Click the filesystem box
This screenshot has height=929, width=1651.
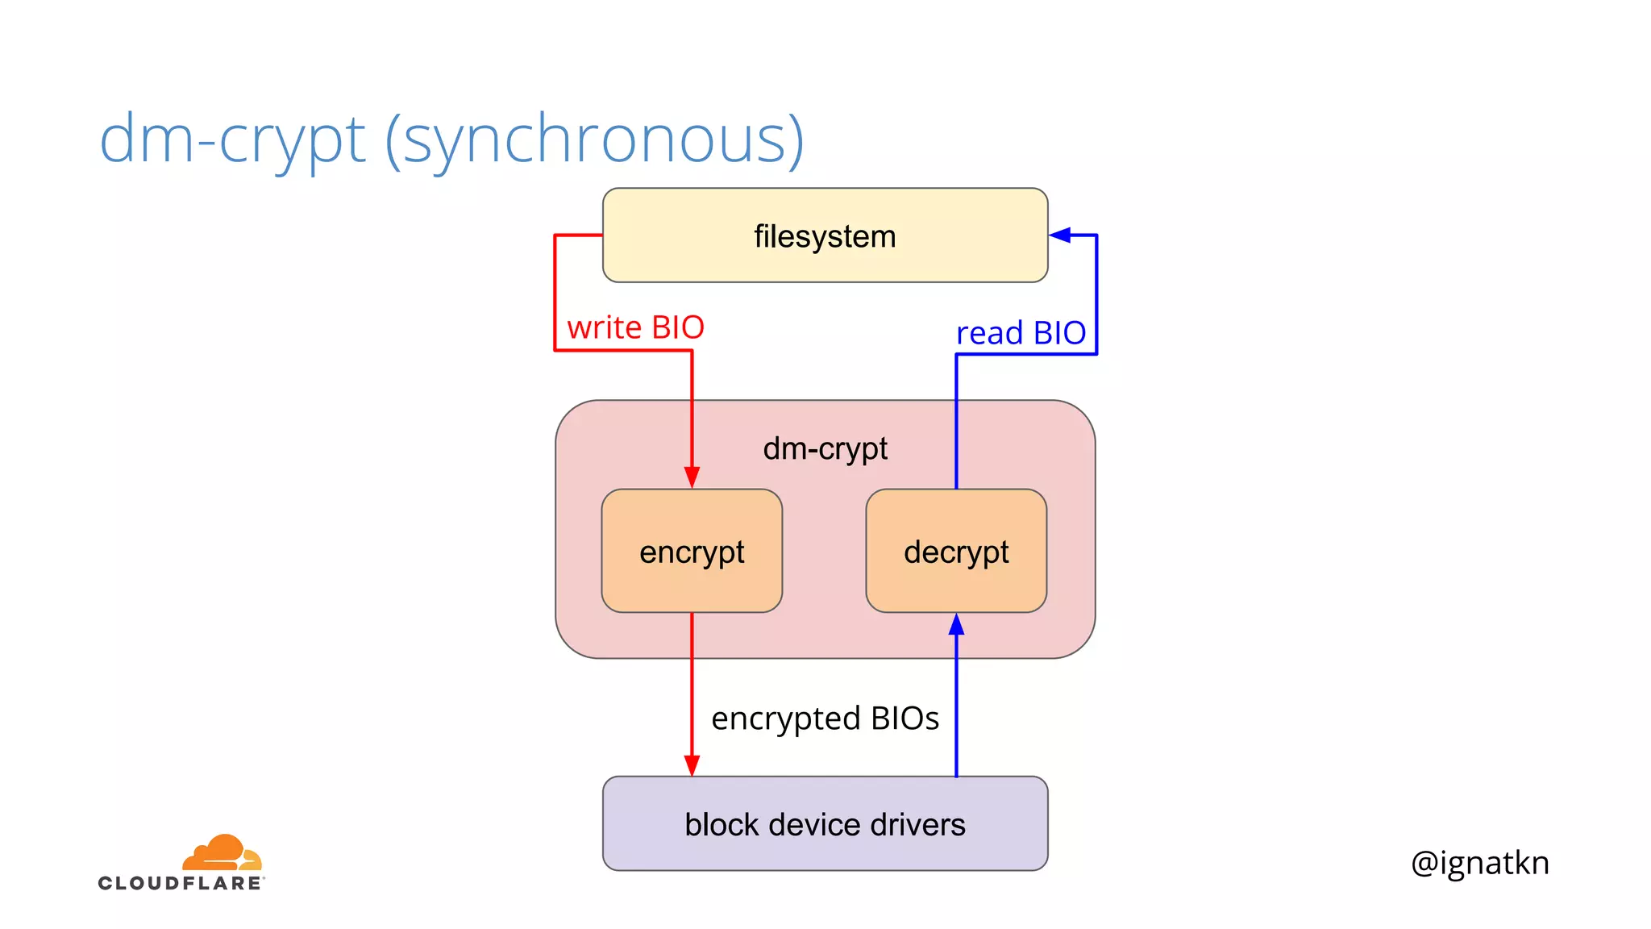[x=825, y=235]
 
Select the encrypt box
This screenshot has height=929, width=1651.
[x=692, y=552]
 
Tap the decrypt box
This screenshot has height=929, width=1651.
[x=956, y=552]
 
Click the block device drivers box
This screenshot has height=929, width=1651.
[x=825, y=824]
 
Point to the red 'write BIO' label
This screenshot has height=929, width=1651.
[x=635, y=327]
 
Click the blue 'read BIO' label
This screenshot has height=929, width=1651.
[x=1021, y=333]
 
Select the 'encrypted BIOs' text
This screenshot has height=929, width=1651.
[x=825, y=719]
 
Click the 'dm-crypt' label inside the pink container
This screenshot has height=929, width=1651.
[x=825, y=448]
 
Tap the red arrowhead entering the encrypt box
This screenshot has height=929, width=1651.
[x=692, y=477]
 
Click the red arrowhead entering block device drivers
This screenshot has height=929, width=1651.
[x=692, y=765]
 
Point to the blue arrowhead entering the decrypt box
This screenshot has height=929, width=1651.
[x=956, y=624]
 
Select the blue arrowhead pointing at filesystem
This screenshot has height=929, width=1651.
[x=1060, y=235]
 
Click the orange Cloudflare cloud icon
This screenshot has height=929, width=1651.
[x=222, y=853]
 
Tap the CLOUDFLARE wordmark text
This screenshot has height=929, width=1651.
[x=181, y=883]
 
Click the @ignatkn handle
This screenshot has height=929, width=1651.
[x=1479, y=863]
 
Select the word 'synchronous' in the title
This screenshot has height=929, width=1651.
[x=595, y=139]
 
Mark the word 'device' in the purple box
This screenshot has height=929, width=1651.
[x=813, y=825]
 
